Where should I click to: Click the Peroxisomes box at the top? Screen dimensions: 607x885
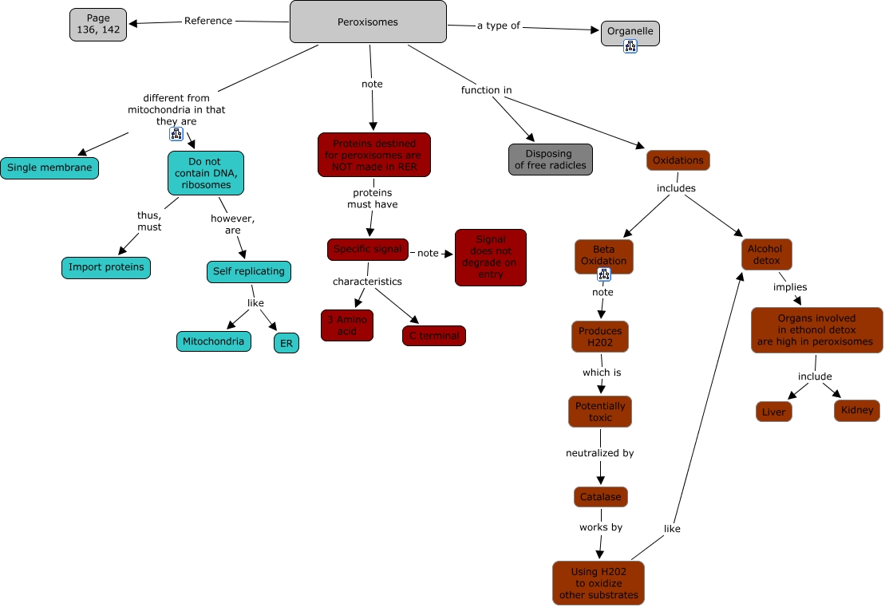pos(368,22)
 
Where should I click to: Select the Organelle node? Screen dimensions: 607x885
pos(630,32)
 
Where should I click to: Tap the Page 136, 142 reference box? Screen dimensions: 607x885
pos(98,24)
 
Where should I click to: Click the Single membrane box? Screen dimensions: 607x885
pos(49,168)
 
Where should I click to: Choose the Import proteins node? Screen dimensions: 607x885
pos(106,267)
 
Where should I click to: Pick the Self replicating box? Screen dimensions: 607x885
pos(248,271)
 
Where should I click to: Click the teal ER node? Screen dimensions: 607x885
pos(286,343)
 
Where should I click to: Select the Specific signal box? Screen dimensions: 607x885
pos(367,249)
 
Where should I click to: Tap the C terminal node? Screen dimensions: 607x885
pos(433,336)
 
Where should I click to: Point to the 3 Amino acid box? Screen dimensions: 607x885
pos(346,325)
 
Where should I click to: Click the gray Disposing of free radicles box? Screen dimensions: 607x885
pos(550,160)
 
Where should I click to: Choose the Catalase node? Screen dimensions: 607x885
pos(600,496)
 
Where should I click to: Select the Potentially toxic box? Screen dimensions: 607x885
pos(600,412)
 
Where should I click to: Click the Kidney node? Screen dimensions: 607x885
pos(856,411)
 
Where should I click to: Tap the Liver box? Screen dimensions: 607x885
pos(773,412)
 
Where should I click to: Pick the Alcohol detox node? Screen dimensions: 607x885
pos(766,254)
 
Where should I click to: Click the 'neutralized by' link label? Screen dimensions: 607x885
pos(599,453)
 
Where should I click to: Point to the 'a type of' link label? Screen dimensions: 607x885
pos(498,26)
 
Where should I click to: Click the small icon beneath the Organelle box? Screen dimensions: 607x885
pos(630,47)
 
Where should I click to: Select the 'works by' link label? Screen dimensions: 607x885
pos(600,527)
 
